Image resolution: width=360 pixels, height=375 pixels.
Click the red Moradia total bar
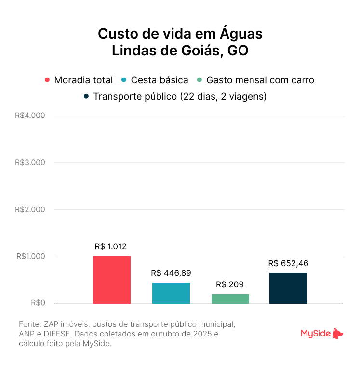pos(112,280)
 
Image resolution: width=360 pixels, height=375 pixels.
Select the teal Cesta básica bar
pos(171,293)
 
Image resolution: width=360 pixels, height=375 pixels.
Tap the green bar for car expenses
pos(230,298)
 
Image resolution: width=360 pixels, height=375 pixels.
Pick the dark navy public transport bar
pos(288,288)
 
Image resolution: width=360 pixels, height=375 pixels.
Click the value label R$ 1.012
pos(111,246)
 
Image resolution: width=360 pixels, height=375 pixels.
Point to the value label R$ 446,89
pos(171,273)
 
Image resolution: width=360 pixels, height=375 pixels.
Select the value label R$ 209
pos(230,284)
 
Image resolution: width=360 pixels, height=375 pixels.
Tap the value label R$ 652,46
pos(288,263)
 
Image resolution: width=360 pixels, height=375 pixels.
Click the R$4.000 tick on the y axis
pos(30,116)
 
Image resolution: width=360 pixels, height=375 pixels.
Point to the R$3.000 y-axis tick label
pos(30,163)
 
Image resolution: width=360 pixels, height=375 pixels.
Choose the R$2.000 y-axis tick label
pos(30,209)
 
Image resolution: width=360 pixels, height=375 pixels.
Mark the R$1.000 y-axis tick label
pos(30,257)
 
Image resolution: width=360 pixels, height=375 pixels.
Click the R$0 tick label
pos(38,303)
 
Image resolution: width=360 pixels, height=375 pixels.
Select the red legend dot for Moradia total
pos(47,80)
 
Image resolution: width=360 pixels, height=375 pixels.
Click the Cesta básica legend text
pos(160,80)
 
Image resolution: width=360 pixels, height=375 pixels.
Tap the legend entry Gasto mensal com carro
pos(260,80)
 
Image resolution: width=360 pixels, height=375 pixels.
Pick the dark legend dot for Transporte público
pos(86,96)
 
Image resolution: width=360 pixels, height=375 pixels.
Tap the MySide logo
pos(322,333)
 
